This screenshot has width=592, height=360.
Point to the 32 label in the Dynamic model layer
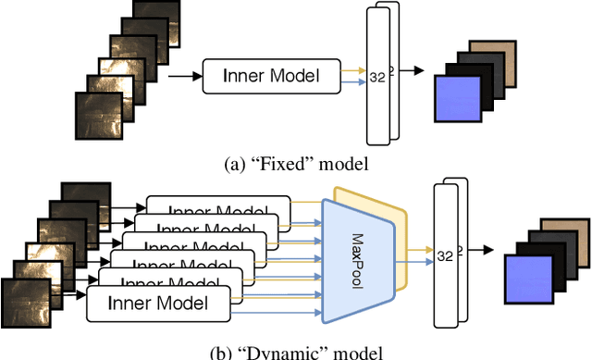coord(447,255)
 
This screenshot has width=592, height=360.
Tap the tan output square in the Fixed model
coord(490,53)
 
